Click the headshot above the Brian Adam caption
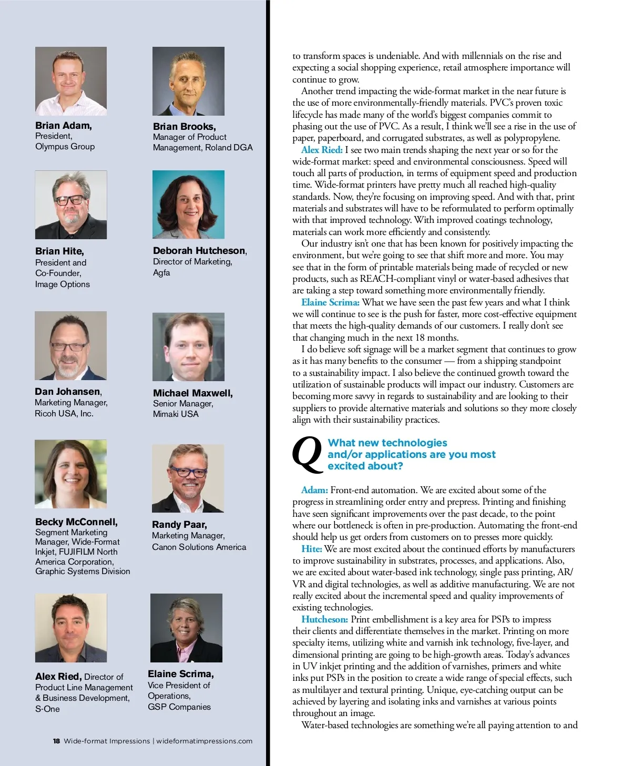(x=71, y=81)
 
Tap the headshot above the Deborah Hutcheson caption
(x=188, y=205)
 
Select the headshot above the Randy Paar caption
(x=188, y=478)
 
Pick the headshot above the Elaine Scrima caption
(x=186, y=628)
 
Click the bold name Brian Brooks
(x=184, y=127)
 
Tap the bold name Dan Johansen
(x=68, y=392)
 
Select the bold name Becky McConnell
(x=76, y=522)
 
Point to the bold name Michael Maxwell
(x=192, y=393)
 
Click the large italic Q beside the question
(x=307, y=454)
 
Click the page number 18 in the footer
(x=56, y=741)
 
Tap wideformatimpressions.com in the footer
(x=204, y=741)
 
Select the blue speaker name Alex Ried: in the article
(x=322, y=150)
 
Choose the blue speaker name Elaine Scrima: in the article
(x=330, y=302)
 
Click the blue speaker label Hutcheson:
(x=324, y=619)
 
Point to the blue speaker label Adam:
(x=314, y=490)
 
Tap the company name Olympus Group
(x=65, y=147)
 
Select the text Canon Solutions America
(x=199, y=547)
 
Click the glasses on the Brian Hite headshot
(x=69, y=200)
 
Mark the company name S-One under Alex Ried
(x=47, y=709)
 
